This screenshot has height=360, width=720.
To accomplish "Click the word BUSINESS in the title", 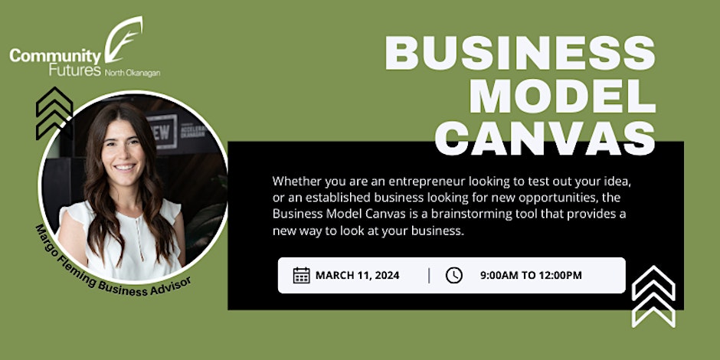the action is pos(520,53).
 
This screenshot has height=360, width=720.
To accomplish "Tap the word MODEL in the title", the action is pos(562,96).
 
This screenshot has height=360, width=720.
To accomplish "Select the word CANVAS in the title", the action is pos(545,138).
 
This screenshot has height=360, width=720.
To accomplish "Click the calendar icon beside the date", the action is pos(301,276).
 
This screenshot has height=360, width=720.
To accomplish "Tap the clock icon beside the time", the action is pos(453,276).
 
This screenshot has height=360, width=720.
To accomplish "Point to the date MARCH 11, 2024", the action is pos(357,276).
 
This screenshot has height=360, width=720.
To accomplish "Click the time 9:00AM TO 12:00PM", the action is pos(531,276).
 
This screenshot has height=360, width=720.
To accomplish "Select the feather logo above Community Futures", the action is pos(123,40).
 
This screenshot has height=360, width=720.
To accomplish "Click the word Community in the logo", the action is pos(55,57).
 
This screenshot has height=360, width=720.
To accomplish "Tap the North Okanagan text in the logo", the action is pos(133,73).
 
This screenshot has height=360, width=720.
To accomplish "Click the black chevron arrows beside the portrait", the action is pos(54,113).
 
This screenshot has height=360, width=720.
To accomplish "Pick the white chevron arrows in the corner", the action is pos(653,296).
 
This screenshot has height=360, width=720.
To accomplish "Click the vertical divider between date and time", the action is pos(430,276).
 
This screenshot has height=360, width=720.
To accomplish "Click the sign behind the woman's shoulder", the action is pos(162,131).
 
